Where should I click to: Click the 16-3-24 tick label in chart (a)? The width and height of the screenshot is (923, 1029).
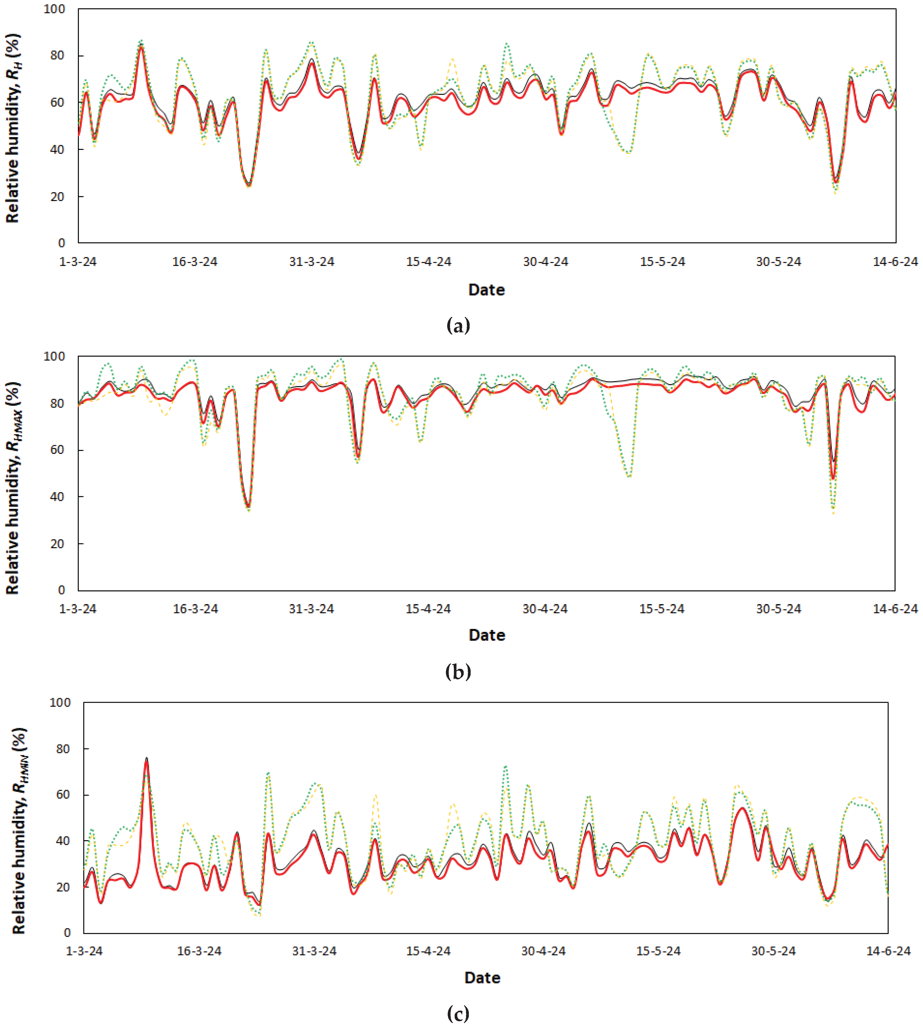coord(195,262)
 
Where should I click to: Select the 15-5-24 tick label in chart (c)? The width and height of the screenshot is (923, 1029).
coord(658,951)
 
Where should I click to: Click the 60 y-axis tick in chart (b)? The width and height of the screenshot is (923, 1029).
coord(57,450)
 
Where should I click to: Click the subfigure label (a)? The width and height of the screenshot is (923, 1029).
coord(458,325)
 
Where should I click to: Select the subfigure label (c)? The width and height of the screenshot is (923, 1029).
coord(458,1014)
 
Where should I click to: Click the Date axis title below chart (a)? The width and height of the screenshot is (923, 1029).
coord(486,290)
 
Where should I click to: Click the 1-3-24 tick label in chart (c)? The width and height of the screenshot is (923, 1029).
coord(84,951)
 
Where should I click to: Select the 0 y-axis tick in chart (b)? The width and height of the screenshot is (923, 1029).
coord(61,590)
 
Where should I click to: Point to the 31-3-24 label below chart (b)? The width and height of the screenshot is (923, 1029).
coord(311,609)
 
